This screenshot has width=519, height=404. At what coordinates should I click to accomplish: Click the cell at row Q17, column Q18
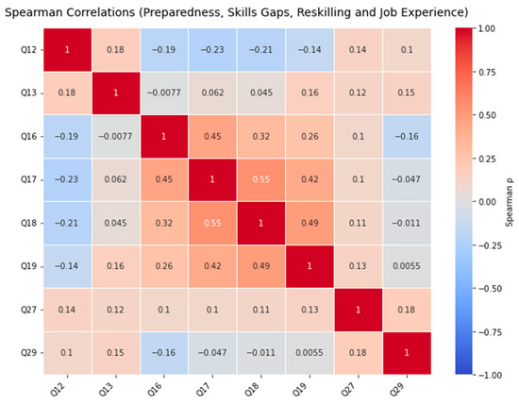(x=260, y=179)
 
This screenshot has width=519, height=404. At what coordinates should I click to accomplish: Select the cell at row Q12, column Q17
(x=212, y=50)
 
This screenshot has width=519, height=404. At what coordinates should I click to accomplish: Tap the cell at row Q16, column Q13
(x=116, y=137)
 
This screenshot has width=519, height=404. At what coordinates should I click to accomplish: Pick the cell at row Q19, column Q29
(x=407, y=266)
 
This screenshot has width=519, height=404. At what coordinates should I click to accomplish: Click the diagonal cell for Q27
(x=359, y=310)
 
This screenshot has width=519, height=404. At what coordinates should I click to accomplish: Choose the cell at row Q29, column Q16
(x=164, y=353)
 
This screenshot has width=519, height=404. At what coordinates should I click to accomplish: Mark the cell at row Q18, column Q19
(x=310, y=223)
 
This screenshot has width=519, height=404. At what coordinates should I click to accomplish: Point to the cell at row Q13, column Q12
(x=68, y=93)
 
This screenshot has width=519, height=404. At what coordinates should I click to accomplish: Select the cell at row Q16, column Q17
(x=212, y=137)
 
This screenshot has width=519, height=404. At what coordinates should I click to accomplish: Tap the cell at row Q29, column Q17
(x=212, y=353)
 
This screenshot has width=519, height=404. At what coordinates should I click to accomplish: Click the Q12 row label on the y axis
(x=29, y=50)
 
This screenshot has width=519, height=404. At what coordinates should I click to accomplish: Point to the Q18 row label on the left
(x=29, y=223)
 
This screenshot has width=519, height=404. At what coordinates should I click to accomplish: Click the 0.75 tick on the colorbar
(x=487, y=72)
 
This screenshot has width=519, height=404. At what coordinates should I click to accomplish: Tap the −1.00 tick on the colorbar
(x=487, y=375)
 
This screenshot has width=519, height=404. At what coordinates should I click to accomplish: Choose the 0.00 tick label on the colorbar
(x=487, y=202)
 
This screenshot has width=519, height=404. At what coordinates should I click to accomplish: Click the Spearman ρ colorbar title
(x=510, y=202)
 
